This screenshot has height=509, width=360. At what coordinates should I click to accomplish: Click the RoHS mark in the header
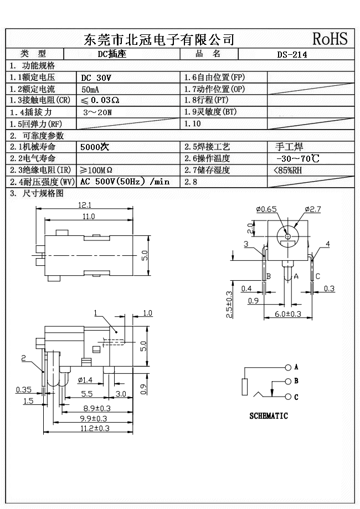click(330, 39)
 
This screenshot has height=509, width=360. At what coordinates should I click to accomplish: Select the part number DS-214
click(292, 54)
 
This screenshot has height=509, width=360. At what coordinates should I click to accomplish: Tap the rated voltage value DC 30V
click(96, 78)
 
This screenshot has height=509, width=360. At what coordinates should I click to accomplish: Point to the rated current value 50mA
click(91, 89)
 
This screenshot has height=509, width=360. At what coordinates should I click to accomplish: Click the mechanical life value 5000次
click(96, 147)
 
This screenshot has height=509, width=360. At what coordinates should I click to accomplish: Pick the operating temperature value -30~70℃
click(297, 159)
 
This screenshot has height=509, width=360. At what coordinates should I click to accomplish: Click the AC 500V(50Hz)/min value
click(125, 182)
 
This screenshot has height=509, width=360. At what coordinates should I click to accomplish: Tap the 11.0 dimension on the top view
click(88, 216)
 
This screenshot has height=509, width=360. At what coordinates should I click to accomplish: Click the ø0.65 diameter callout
click(266, 209)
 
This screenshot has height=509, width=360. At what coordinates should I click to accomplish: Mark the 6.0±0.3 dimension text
click(287, 314)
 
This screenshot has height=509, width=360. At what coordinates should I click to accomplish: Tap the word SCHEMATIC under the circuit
click(269, 416)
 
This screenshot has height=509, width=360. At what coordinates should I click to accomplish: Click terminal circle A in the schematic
click(287, 367)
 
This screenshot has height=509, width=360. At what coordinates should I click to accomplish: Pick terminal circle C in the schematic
click(287, 397)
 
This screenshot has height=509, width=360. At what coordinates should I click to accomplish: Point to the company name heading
click(158, 39)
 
